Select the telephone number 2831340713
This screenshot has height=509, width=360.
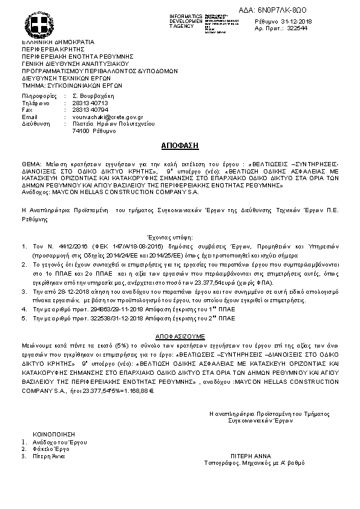click(x=90, y=103)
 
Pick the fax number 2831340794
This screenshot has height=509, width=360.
click(x=90, y=109)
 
